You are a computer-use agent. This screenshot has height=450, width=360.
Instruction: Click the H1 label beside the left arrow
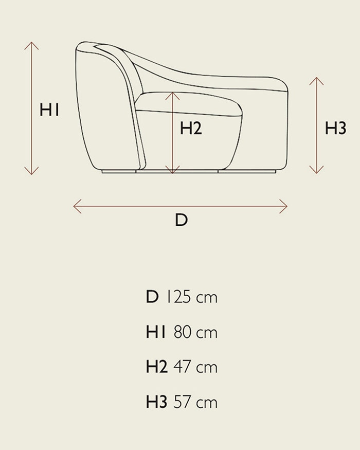pyautogui.click(x=49, y=110)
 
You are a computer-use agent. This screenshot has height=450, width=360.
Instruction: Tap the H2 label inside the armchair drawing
pyautogui.click(x=191, y=128)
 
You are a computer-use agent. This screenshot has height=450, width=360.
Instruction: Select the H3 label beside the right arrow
pyautogui.click(x=336, y=128)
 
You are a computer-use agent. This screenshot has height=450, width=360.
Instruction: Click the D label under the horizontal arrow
pyautogui.click(x=182, y=220)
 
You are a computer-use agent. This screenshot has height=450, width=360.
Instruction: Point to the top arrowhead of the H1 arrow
pyautogui.click(x=31, y=43)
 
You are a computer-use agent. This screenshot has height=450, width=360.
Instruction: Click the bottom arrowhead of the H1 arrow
pyautogui.click(x=31, y=174)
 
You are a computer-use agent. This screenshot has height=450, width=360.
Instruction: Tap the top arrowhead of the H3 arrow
pyautogui.click(x=316, y=78)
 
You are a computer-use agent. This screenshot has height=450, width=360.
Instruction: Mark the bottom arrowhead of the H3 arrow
pyautogui.click(x=316, y=173)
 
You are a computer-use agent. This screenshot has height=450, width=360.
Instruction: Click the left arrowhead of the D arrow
pyautogui.click(x=74, y=206)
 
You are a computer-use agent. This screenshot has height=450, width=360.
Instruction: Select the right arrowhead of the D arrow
pyautogui.click(x=287, y=206)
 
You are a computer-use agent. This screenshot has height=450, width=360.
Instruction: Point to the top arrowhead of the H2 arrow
pyautogui.click(x=172, y=93)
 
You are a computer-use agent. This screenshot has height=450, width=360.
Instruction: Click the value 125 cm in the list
pyautogui.click(x=191, y=297)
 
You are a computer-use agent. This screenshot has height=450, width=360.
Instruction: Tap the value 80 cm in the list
pyautogui.click(x=195, y=332)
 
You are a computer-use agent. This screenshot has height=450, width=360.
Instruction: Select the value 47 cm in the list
pyautogui.click(x=195, y=367)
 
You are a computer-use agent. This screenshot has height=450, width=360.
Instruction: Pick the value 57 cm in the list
pyautogui.click(x=195, y=402)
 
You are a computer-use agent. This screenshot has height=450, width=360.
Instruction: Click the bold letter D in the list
pyautogui.click(x=152, y=297)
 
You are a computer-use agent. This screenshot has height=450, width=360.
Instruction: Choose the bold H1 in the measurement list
pyautogui.click(x=156, y=332)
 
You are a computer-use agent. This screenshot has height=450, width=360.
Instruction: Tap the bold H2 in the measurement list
pyautogui.click(x=157, y=367)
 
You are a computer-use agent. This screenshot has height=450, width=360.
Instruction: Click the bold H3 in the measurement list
pyautogui.click(x=156, y=402)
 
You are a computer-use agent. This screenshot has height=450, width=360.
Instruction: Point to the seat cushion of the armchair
pyautogui.click(x=189, y=104)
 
